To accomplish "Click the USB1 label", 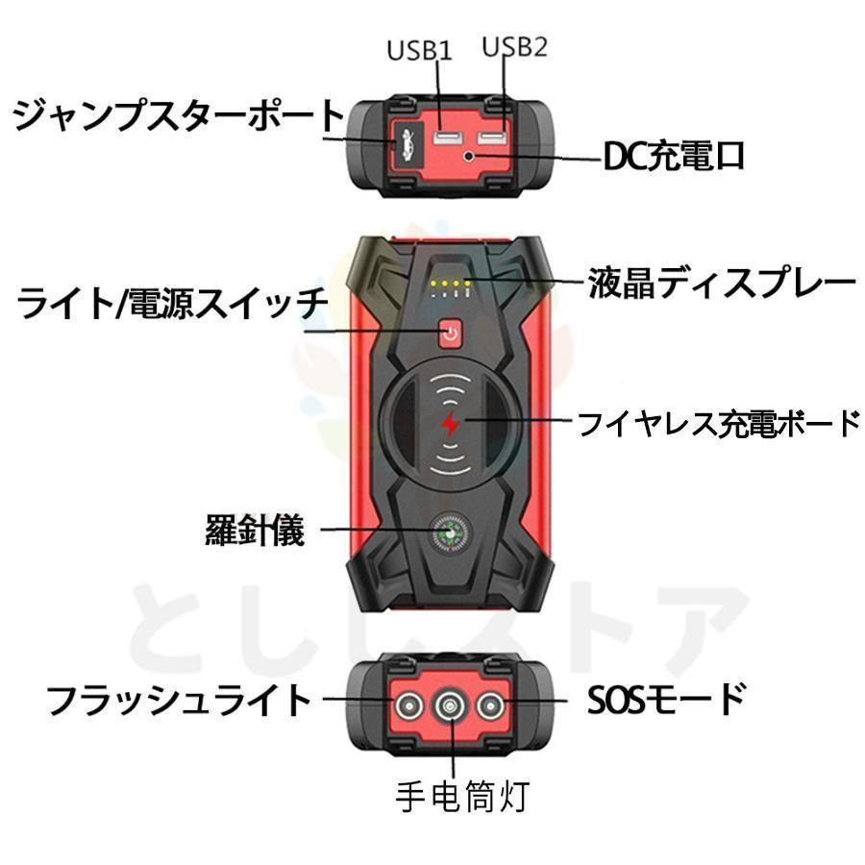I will tap(419, 50).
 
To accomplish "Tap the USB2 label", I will tap(513, 47).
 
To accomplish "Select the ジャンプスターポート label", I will tap(179, 116).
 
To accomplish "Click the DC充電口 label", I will tap(674, 156).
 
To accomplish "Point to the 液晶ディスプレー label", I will tap(721, 283).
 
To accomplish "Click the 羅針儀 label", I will tap(255, 529).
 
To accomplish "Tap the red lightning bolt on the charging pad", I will tap(449, 424).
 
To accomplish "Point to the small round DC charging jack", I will tap(469, 155).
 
